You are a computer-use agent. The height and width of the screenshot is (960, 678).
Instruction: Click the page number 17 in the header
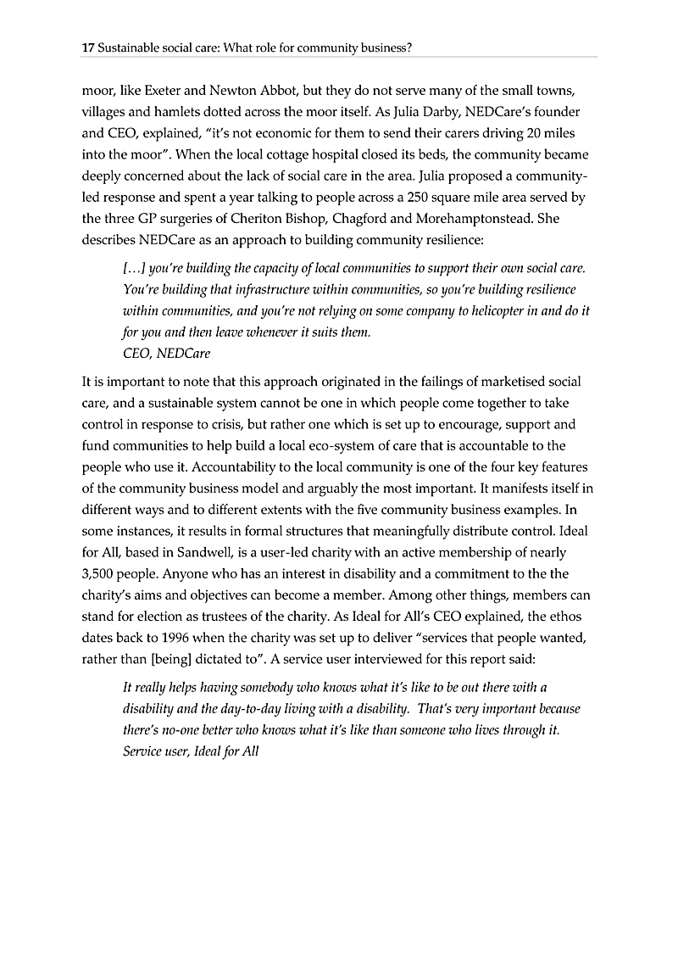tap(87, 48)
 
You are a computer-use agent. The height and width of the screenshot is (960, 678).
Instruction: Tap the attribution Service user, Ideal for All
tap(191, 751)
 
